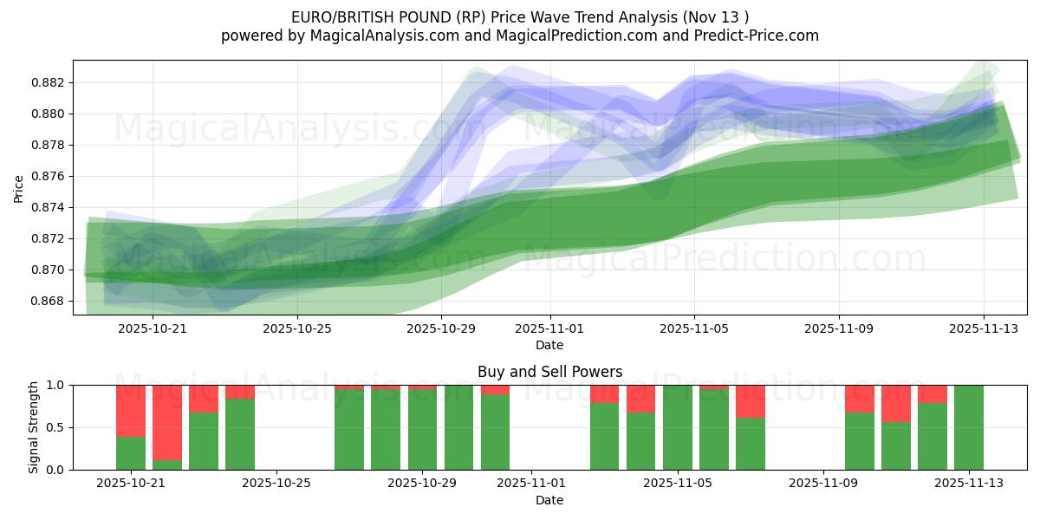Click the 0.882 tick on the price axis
[49, 82]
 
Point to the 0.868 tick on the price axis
[49, 301]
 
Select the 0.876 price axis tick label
[49, 176]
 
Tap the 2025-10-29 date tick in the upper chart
[441, 328]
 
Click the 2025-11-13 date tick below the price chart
[983, 328]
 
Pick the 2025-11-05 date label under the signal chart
[678, 484]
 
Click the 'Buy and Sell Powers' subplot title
[549, 372]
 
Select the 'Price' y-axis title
[19, 188]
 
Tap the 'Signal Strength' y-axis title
[34, 427]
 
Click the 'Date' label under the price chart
[549, 345]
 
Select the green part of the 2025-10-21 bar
[131, 453]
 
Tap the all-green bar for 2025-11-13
[969, 427]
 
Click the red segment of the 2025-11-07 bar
[751, 401]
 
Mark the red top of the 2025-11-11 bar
[896, 403]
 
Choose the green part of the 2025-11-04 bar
[641, 441]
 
